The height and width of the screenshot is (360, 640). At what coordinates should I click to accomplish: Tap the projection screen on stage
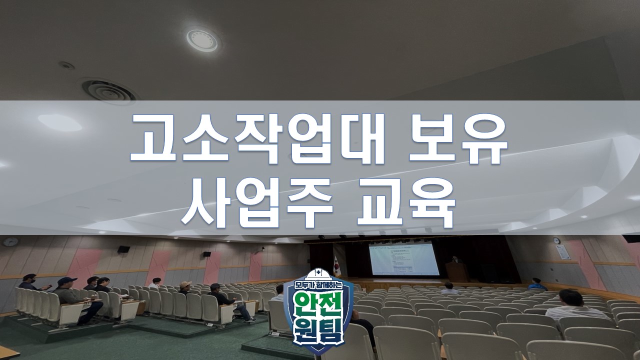point(403,258)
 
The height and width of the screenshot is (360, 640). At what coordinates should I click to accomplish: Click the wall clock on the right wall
point(556,240)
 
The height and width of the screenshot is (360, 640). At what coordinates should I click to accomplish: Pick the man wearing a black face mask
point(29,282)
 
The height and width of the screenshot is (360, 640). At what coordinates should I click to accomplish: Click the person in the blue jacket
point(536,284)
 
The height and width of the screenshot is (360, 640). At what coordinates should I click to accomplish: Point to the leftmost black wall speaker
point(123,249)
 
